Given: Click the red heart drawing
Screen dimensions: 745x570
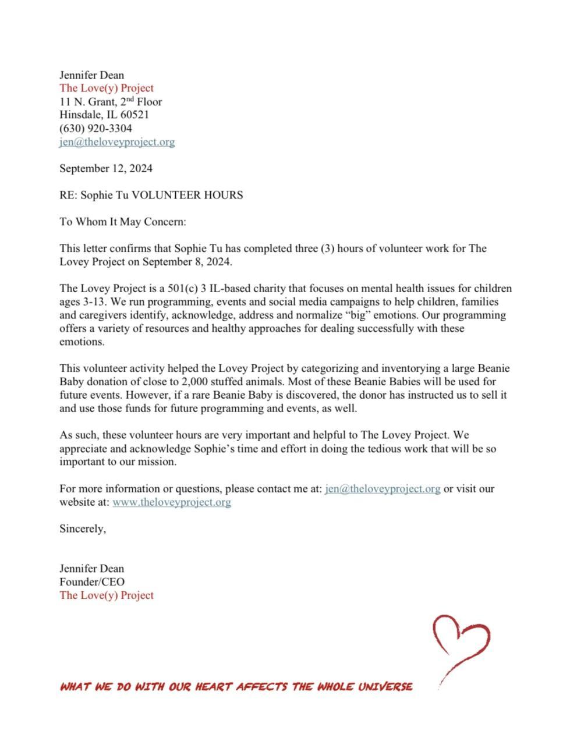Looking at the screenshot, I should coord(461,643).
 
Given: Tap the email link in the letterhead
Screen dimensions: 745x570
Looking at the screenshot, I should coord(117,142).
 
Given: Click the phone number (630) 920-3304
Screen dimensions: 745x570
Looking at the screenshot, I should coord(95,129).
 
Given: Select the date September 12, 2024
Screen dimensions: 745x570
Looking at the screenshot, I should coord(106,169).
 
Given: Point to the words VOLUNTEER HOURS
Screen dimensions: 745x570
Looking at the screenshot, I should coord(187,196).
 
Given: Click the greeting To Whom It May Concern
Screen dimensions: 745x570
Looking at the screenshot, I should coord(122,222).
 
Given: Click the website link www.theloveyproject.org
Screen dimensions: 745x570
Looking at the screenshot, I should coord(172,502).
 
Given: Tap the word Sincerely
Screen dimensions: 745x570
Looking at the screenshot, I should coord(83,529).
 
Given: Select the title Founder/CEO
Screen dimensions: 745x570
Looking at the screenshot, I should coord(92,582).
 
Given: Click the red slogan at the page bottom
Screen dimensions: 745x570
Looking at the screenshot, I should coord(236,687).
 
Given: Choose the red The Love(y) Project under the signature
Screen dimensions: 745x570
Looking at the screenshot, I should coord(107,595).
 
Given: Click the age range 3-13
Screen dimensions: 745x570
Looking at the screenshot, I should coord(90,302).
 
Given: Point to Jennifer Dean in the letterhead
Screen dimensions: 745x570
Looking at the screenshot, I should coord(92,75).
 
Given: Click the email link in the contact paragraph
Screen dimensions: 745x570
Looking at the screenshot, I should coord(383,489).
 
